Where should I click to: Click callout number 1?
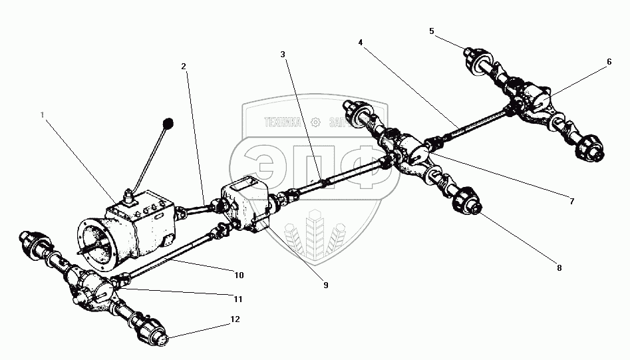tap(43, 114)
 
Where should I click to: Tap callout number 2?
tap(183, 67)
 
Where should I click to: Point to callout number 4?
tap(360, 42)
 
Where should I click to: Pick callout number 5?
tap(431, 31)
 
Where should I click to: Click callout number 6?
tap(608, 61)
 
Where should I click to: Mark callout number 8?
tap(559, 268)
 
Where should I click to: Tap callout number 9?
tap(325, 285)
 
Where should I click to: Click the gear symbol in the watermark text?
tap(315, 122)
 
